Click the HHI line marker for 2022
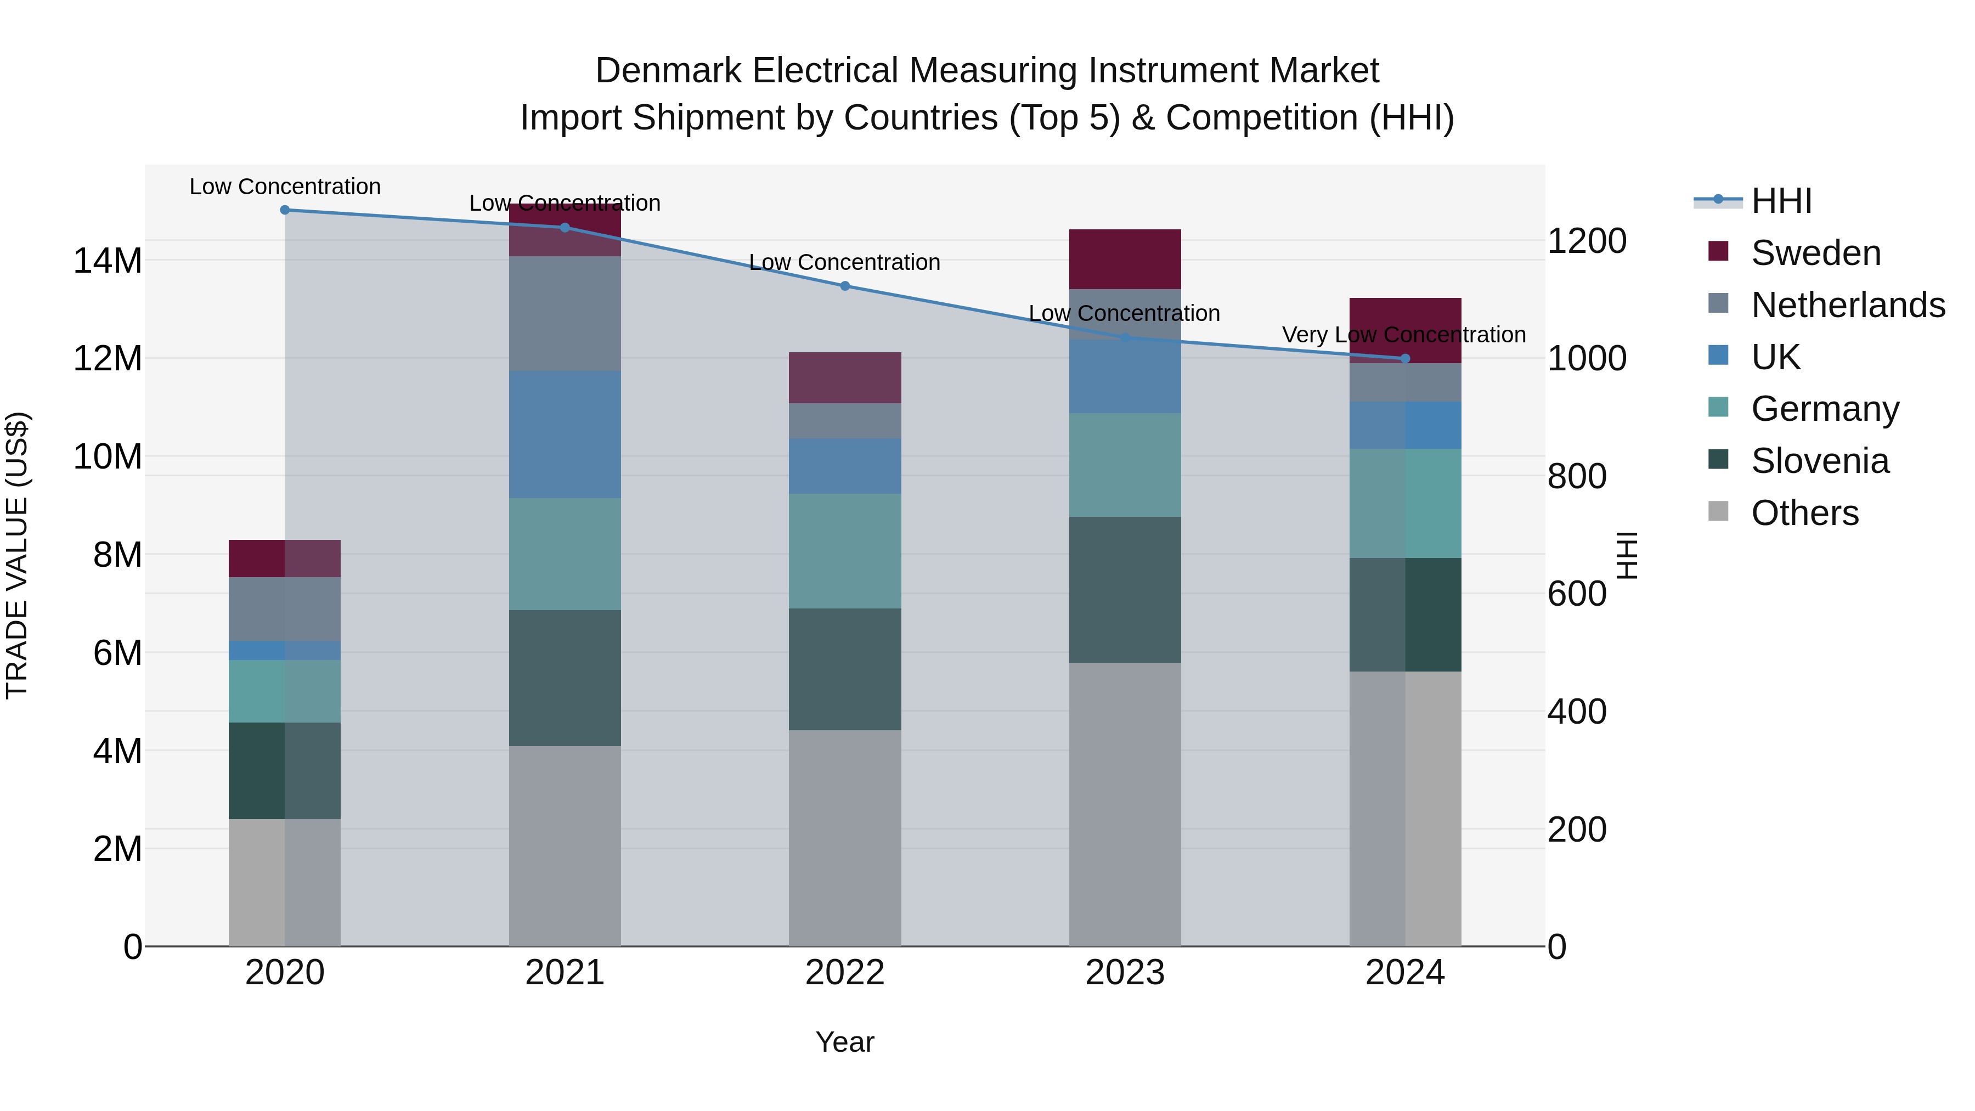pos(845,286)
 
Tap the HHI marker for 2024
pos(1406,358)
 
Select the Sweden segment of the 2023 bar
pos(1125,259)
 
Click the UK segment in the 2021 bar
pos(565,435)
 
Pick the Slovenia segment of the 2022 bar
pos(845,669)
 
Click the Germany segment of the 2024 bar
pos(1406,503)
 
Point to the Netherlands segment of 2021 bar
pos(565,314)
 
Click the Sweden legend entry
pos(1815,253)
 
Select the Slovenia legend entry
pos(1819,461)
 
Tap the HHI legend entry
pos(1781,201)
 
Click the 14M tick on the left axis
pos(108,261)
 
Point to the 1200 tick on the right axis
pos(1586,241)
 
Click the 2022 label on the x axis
pos(845,973)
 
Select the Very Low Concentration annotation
pos(1404,335)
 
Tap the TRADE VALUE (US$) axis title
pos(17,555)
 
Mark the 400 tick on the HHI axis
pos(1576,712)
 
